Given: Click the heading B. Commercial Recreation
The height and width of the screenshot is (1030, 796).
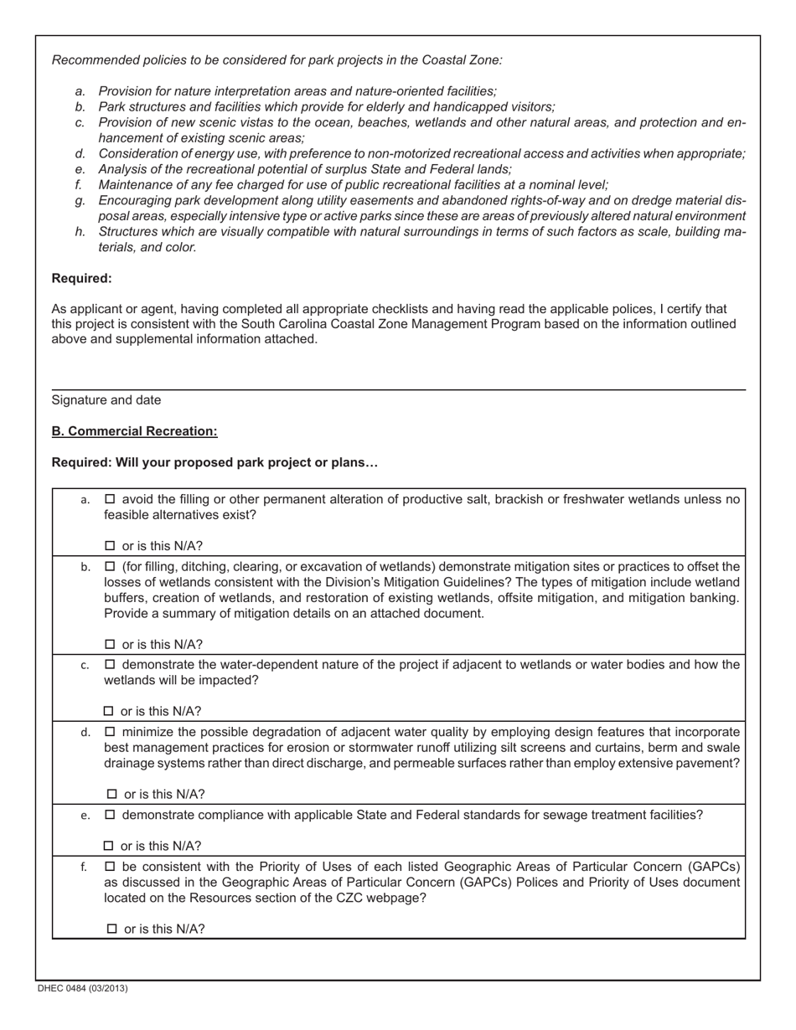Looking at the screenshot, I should coord(134,431).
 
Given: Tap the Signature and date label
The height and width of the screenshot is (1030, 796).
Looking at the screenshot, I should coord(106,400).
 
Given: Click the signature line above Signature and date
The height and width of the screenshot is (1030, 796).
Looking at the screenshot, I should coord(398,389).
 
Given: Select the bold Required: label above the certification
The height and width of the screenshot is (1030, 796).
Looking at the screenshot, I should coord(81,278).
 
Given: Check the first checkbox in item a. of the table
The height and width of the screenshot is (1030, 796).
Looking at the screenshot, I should coord(110,500).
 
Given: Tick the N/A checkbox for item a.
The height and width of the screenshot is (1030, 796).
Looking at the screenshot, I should coord(110,546).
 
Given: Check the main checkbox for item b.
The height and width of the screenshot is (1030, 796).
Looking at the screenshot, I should coord(110,566).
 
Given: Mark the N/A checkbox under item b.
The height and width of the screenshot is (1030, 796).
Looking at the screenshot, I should coord(110,645).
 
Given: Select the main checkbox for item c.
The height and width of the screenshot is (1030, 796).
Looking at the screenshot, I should coord(110,665).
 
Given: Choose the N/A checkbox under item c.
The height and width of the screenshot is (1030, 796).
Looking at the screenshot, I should coord(109,712).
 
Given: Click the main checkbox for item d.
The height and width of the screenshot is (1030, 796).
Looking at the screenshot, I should coord(110,732).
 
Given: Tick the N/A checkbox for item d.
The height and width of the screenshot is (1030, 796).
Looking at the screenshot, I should coord(112,795).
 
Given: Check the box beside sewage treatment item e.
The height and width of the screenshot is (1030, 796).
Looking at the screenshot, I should coord(110,815).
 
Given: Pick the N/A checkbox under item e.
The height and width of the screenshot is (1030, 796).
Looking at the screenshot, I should coord(109,846).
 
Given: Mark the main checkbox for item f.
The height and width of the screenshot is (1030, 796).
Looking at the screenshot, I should coord(110,866).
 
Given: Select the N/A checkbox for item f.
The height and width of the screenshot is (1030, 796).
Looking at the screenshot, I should coord(112,929).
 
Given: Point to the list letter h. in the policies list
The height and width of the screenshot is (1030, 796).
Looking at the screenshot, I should coord(80,232).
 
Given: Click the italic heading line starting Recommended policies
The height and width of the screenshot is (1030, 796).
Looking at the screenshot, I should coord(277,60).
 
